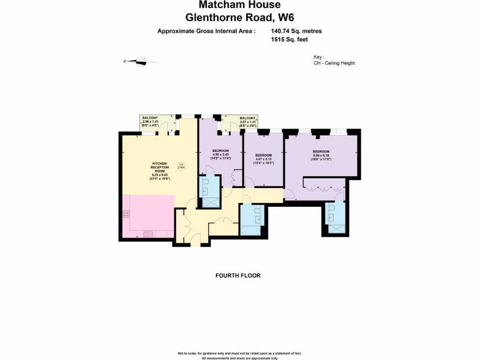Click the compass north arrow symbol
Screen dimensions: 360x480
click(141, 61)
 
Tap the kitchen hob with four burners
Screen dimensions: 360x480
click(126, 214)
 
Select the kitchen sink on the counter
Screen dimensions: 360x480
click(148, 233)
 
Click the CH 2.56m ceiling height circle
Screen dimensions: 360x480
click(181, 165)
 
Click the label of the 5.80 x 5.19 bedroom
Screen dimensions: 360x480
click(321, 155)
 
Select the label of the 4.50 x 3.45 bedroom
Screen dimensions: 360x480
click(220, 155)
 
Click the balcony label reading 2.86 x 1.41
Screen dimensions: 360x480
click(150, 122)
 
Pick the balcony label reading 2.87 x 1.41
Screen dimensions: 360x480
click(248, 122)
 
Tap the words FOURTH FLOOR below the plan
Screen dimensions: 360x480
click(238, 276)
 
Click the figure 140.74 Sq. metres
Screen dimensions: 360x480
click(296, 31)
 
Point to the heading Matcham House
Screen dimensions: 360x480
click(240, 5)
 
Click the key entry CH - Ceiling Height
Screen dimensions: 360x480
click(334, 63)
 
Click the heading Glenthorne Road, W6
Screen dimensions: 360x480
click(240, 18)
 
